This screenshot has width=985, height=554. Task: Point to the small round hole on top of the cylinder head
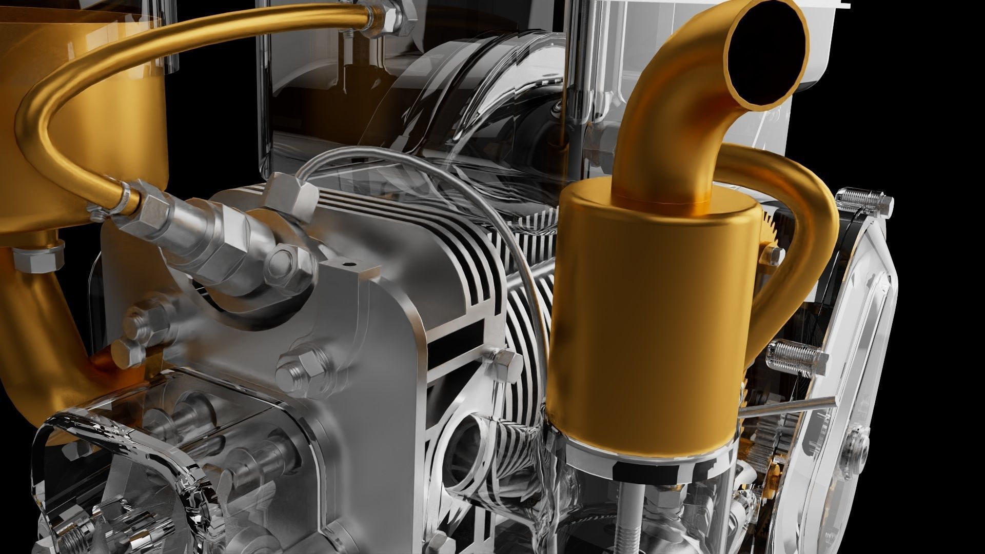350,265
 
